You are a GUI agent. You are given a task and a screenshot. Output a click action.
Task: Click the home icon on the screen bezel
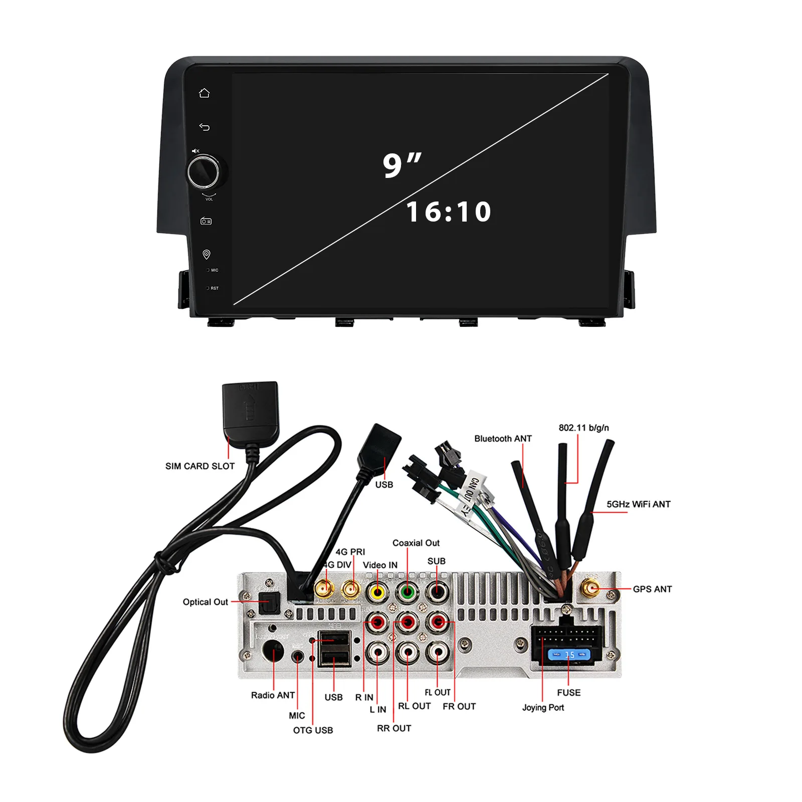pyautogui.click(x=204, y=93)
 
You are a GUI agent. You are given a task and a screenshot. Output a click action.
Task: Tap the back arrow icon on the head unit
pyautogui.click(x=204, y=127)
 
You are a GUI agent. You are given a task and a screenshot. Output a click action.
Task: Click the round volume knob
pyautogui.click(x=204, y=172)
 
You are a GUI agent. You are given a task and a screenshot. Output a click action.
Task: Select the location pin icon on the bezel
pyautogui.click(x=206, y=255)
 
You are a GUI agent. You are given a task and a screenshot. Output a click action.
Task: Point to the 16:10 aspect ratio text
pyautogui.click(x=449, y=212)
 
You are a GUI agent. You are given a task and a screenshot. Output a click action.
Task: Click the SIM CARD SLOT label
pyautogui.click(x=200, y=466)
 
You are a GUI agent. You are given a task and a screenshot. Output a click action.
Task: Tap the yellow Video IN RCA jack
pyautogui.click(x=377, y=592)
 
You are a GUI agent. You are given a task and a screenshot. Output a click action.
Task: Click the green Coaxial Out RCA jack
pyautogui.click(x=408, y=592)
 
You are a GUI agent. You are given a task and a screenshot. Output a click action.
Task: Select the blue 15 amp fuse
pyautogui.click(x=569, y=655)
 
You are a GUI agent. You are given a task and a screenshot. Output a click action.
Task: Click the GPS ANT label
pyautogui.click(x=652, y=589)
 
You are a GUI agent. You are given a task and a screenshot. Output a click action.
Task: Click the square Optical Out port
pyautogui.click(x=269, y=603)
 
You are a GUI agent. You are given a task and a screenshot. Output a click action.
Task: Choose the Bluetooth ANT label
pyautogui.click(x=503, y=439)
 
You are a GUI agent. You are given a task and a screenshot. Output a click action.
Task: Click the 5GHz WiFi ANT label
pyautogui.click(x=638, y=504)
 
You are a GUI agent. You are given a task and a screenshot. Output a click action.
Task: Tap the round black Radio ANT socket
pyautogui.click(x=273, y=652)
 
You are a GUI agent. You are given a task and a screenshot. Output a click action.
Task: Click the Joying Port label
pyautogui.click(x=543, y=707)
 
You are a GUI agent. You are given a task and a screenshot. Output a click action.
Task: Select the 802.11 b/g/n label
pyautogui.click(x=583, y=428)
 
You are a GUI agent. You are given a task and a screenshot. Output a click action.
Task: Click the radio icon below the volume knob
pyautogui.click(x=206, y=221)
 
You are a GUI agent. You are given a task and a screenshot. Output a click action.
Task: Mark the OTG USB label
pyautogui.click(x=313, y=730)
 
